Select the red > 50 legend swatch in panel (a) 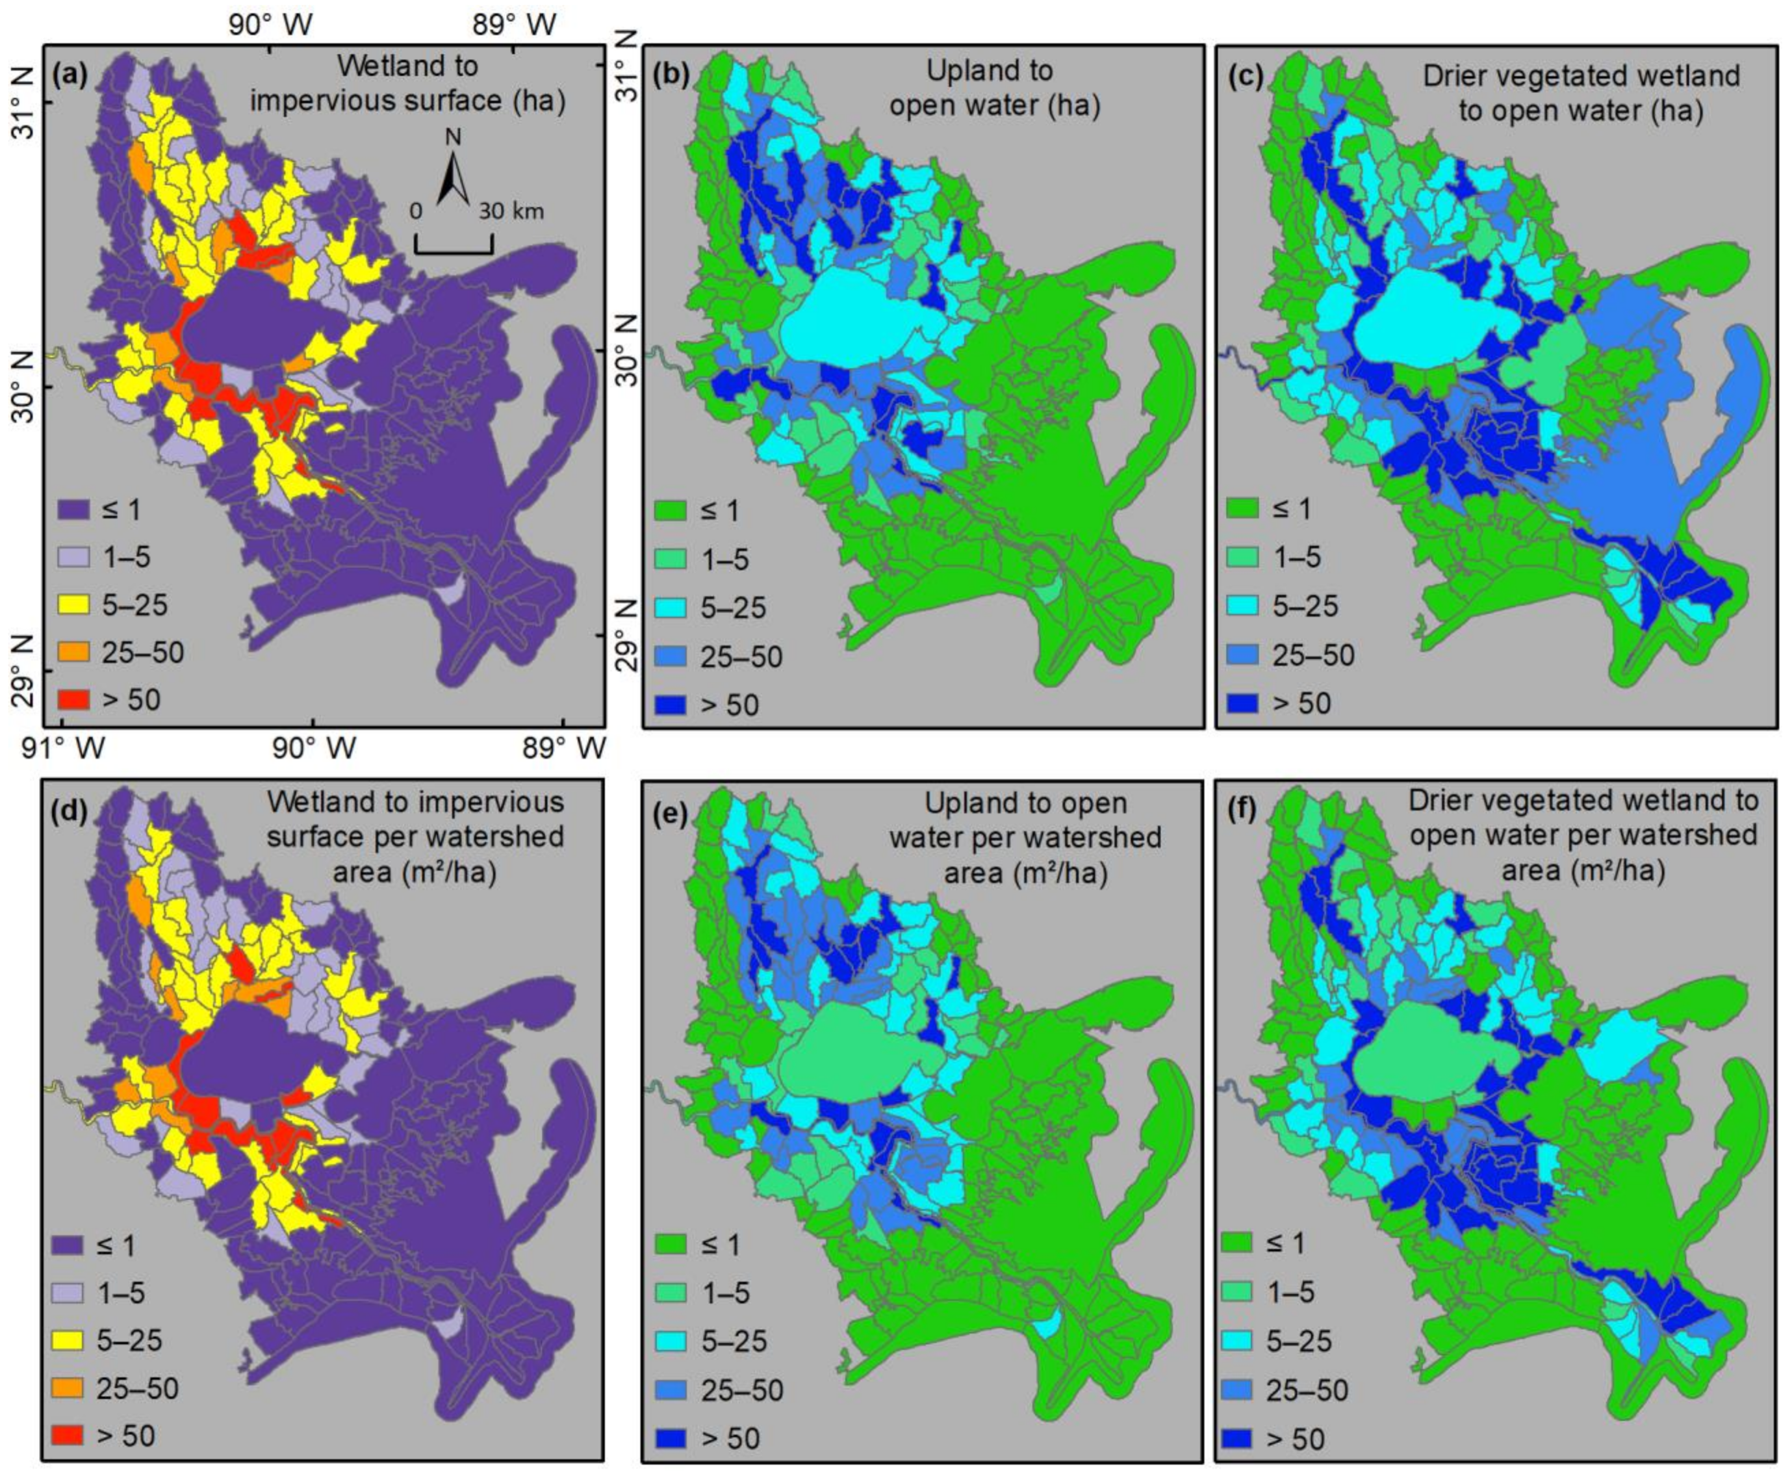(73, 700)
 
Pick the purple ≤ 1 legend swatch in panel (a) (73, 510)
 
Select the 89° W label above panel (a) (515, 25)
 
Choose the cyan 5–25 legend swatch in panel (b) (671, 608)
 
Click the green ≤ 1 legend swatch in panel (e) (671, 1245)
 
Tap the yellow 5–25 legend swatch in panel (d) (68, 1341)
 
